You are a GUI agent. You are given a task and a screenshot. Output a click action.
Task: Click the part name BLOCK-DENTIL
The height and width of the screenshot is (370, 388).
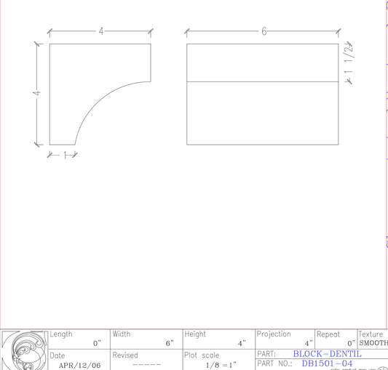point(327,354)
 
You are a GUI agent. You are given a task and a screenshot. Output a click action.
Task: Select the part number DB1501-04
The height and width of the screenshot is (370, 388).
point(327,363)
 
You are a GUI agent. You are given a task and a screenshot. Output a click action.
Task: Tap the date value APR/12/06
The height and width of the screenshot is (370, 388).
point(80,365)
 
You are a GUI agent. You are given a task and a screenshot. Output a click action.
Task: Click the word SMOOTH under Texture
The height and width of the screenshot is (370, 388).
point(373,343)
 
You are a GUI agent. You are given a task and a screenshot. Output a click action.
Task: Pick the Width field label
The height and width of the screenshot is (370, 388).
point(122,334)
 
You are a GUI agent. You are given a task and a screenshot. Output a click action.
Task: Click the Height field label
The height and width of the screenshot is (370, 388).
point(195,334)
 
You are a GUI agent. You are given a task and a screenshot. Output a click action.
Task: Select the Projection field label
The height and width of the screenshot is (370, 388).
point(274,334)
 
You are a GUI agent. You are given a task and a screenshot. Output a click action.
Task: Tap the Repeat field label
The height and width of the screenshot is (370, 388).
point(328,334)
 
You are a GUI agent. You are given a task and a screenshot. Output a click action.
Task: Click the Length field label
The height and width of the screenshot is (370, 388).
point(61,334)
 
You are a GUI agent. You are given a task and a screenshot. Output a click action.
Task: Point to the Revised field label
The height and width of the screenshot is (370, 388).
point(124,355)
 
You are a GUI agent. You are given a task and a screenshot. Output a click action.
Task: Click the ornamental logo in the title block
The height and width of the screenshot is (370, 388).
point(24,350)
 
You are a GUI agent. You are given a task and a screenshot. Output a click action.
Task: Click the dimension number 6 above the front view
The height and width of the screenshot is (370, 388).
point(264,31)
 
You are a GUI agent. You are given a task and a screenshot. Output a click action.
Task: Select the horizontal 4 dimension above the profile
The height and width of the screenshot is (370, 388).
point(101,31)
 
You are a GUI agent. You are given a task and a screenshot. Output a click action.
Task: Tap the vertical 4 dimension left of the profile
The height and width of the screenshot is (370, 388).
point(36,93)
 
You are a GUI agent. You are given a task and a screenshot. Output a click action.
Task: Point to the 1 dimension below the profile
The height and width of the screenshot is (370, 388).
point(65,154)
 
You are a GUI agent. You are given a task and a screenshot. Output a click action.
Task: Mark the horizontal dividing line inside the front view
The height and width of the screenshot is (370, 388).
point(263,81)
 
